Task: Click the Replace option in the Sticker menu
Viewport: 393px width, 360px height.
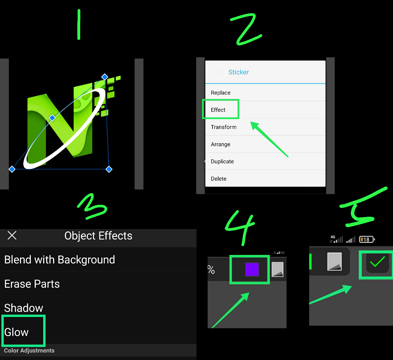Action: [x=220, y=93]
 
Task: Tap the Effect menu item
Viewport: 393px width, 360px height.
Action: [x=218, y=110]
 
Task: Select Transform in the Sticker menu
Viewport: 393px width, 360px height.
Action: [x=224, y=127]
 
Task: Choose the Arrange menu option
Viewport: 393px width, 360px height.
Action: [x=220, y=144]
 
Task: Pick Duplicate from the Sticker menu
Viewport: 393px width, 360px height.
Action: [x=222, y=161]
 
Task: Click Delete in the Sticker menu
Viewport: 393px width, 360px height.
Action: [x=218, y=179]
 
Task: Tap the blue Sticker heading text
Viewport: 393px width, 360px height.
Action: [x=238, y=72]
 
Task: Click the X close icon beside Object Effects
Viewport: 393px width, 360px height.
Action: [x=12, y=235]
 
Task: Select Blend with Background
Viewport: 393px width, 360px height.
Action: [x=60, y=260]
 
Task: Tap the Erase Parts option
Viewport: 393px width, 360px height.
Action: [x=32, y=284]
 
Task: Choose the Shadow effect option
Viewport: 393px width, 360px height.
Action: [x=24, y=308]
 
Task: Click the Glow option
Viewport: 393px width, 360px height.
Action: [x=16, y=332]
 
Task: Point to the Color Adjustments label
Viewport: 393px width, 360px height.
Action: [x=29, y=351]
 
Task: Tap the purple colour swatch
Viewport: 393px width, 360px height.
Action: [x=252, y=270]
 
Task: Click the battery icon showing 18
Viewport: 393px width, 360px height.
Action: [x=367, y=239]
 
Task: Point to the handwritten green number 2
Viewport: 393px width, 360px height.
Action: [x=246, y=29]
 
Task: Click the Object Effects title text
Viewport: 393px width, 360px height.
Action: [x=98, y=236]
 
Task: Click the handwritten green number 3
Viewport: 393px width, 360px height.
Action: [x=92, y=207]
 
